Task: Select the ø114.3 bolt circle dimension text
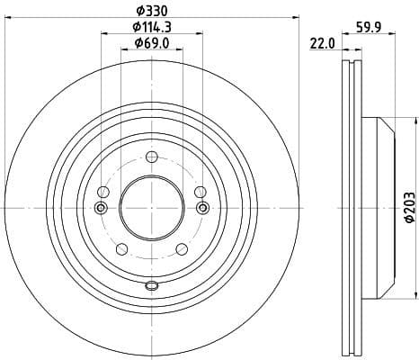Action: [150, 27]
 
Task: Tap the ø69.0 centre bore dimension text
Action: [151, 43]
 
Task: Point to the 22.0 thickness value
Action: [322, 42]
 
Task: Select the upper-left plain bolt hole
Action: [103, 192]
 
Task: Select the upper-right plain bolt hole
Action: [199, 192]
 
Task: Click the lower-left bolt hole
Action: [122, 248]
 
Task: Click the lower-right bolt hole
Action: [181, 248]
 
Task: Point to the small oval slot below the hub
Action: [151, 286]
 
